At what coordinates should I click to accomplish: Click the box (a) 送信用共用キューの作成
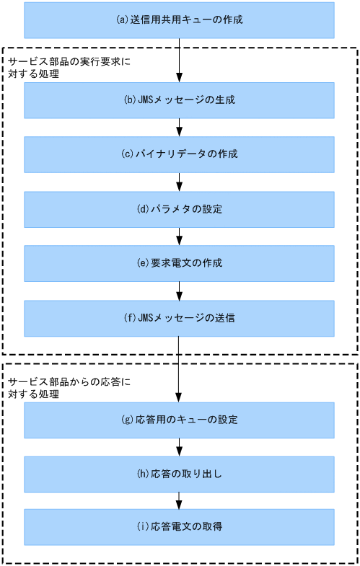(179, 20)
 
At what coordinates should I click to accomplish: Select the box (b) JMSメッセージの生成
(179, 100)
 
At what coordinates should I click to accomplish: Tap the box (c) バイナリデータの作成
(179, 155)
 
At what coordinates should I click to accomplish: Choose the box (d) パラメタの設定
(179, 210)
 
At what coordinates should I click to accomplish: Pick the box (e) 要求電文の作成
(179, 263)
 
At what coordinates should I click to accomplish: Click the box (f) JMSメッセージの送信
(179, 319)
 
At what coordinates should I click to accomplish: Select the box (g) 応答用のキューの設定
(179, 420)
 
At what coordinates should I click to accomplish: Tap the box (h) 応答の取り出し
(179, 473)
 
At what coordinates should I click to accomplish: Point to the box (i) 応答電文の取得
(179, 527)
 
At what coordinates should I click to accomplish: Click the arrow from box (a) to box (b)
(179, 61)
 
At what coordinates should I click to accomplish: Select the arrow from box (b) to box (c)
(179, 128)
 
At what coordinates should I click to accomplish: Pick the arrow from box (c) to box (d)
(179, 182)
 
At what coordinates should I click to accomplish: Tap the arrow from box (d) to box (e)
(179, 236)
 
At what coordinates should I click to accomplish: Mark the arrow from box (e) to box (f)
(179, 291)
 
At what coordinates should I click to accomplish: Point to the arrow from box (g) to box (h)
(179, 446)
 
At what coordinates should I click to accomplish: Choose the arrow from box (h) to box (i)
(179, 500)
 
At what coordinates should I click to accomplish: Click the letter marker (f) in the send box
(130, 319)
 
